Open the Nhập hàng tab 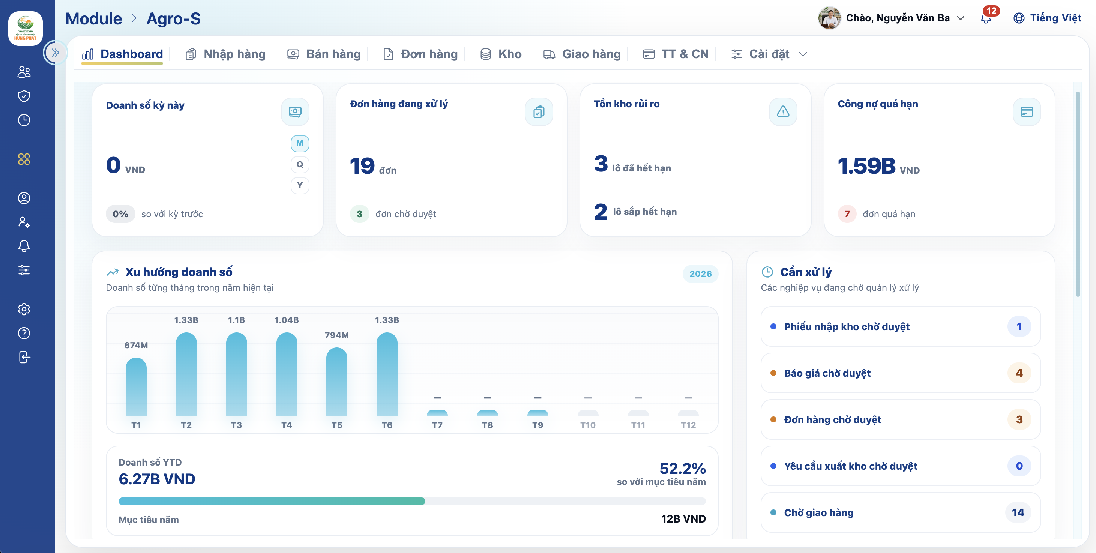coord(225,54)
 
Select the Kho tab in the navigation coord(501,54)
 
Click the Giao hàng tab coord(582,54)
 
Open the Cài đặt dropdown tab coord(769,54)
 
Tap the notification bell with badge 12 coord(986,18)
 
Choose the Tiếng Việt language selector coord(1047,18)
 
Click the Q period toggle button coord(300,164)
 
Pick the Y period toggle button coord(300,185)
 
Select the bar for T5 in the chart coord(336,382)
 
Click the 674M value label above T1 coord(136,345)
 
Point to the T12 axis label coord(688,425)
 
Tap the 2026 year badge coord(700,274)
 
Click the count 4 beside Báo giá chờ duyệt coord(1019,373)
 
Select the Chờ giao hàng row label coord(818,512)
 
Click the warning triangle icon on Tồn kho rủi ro coord(783,111)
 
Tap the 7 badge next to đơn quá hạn coord(847,214)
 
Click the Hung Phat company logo coord(26,28)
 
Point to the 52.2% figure coord(682,468)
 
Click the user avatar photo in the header coord(829,18)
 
